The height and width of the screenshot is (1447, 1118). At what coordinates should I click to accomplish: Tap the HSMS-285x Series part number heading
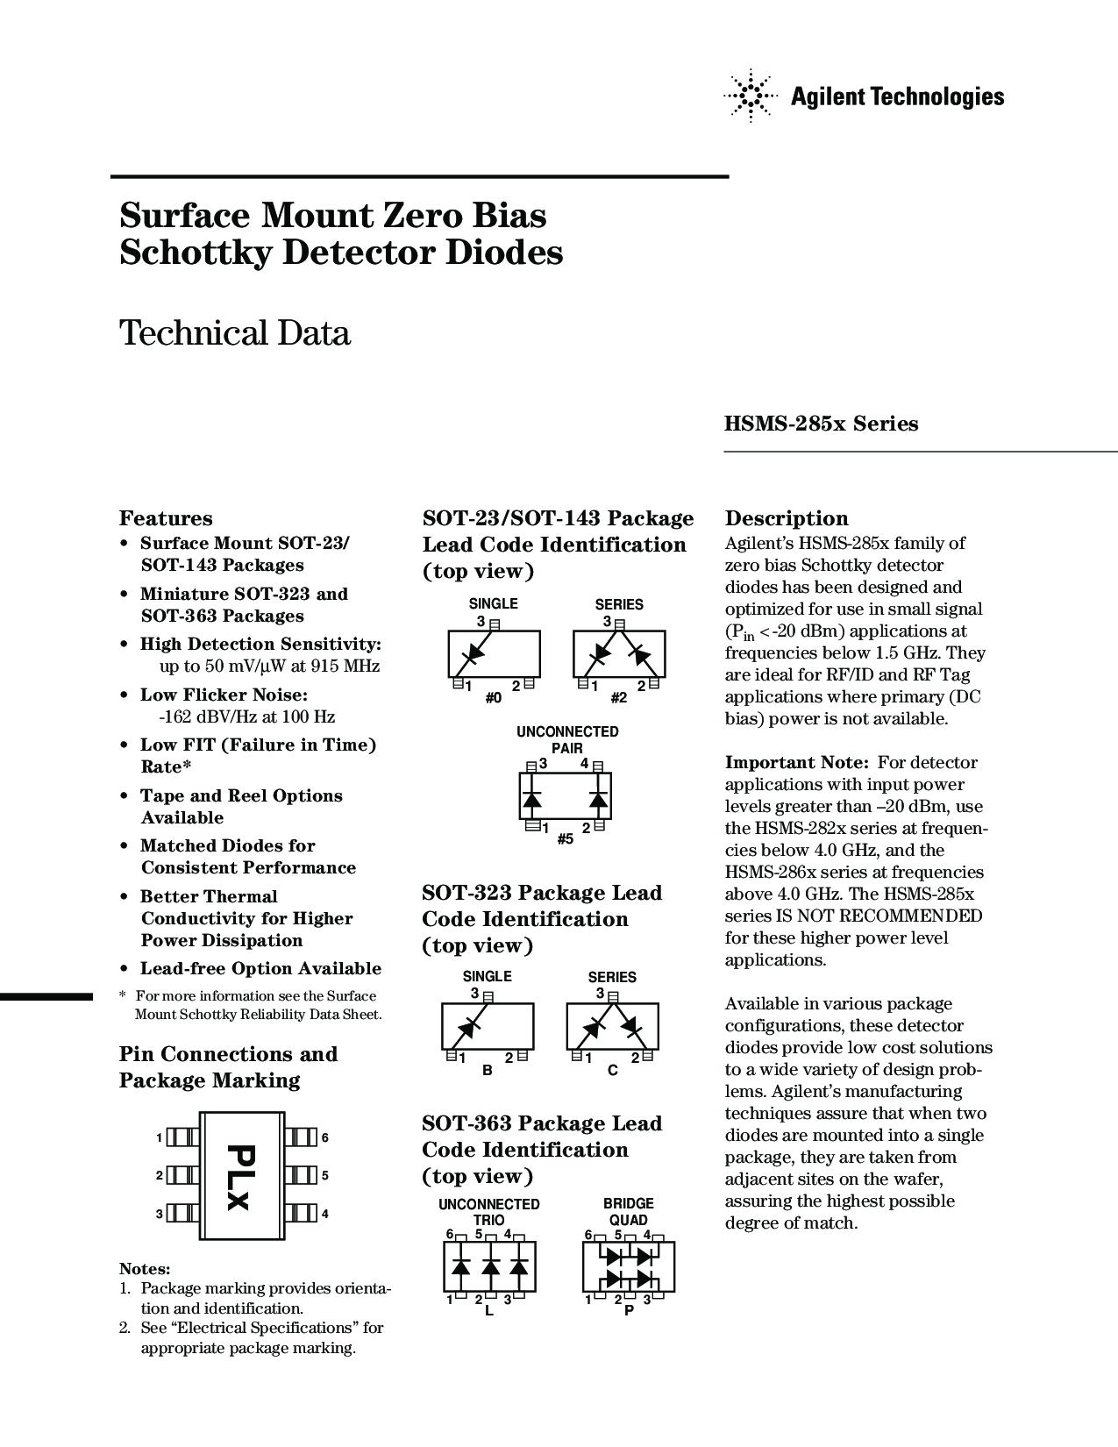pos(821,424)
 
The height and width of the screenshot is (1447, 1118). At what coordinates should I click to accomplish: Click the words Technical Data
pos(235,333)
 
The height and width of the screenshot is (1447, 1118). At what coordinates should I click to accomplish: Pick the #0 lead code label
pos(494,698)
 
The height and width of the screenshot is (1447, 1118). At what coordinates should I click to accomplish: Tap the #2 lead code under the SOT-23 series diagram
pos(619,698)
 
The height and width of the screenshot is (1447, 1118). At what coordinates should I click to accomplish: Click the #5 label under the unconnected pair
pos(566,839)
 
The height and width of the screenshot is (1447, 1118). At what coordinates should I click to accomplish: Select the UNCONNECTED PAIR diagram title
pos(567,739)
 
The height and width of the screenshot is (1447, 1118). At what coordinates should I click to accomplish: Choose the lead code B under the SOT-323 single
pos(488,1071)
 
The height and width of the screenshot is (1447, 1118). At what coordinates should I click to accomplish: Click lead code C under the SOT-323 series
pos(613,1071)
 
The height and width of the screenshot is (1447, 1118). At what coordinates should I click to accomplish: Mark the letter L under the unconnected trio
pos(489,1311)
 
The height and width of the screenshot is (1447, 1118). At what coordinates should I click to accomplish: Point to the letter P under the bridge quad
pos(629,1311)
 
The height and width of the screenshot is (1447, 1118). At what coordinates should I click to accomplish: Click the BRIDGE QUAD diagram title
pos(629,1212)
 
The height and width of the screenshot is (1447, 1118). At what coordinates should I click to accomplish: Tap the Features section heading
pos(166,518)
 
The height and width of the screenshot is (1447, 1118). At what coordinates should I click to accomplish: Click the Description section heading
pos(787,518)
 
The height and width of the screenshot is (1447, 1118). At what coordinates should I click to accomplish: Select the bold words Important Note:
pos(796,762)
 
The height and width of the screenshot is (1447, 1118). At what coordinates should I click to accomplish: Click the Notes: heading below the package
pos(145,1269)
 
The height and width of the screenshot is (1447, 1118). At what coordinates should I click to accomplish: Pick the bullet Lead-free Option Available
pos(260,968)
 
